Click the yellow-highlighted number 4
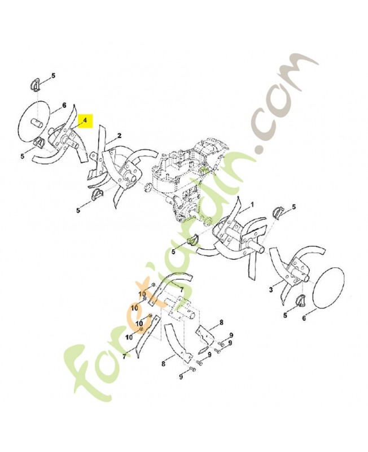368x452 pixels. coord(85,120)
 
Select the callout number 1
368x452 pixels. coord(252,205)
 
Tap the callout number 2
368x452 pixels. coord(119,136)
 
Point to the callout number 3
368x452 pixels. coord(271,290)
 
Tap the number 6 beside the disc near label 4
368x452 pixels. coord(64,105)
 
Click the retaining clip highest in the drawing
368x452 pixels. coord(34,85)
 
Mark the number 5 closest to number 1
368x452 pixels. coord(293,207)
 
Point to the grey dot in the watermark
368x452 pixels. coord(261,149)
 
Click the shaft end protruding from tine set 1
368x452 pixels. coord(259,248)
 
